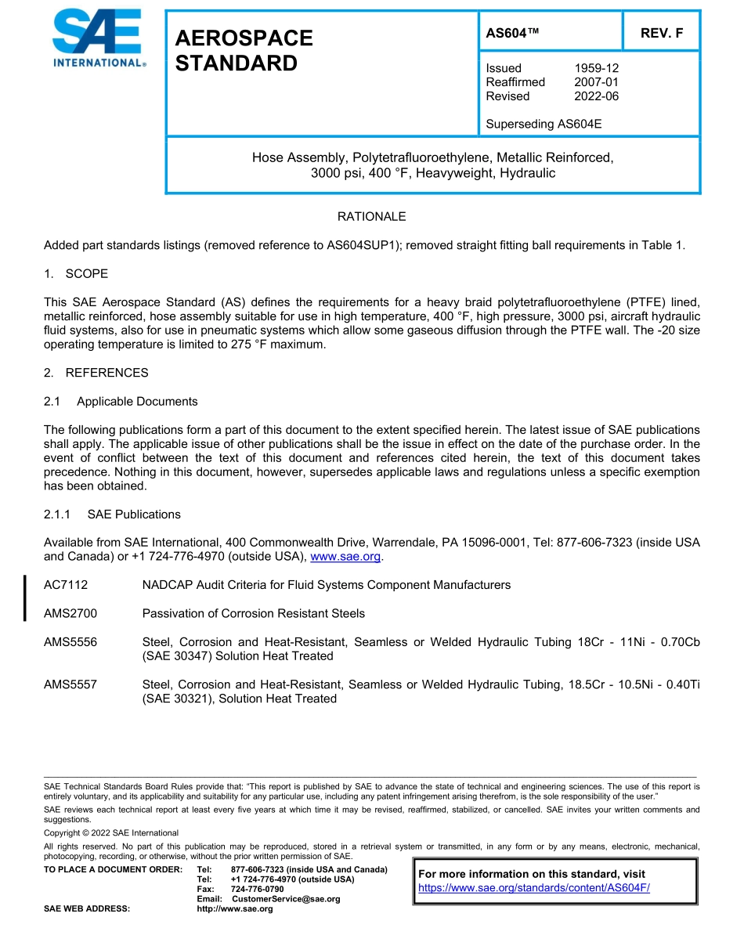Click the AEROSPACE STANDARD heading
[244, 50]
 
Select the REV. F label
[661, 33]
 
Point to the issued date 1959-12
[596, 68]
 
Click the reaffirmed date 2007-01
[596, 82]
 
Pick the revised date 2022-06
[596, 96]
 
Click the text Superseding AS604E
[544, 124]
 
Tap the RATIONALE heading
[371, 216]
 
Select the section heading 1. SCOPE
[76, 273]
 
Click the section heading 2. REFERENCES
[96, 373]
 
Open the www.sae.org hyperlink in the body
[345, 557]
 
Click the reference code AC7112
[66, 585]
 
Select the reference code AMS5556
[70, 642]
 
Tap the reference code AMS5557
[70, 684]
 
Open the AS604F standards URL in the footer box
[534, 888]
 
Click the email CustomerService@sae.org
[286, 899]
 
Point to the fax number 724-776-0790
[257, 890]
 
